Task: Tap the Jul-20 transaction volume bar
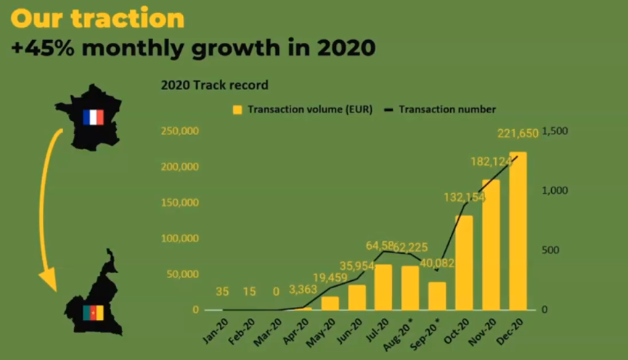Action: [x=383, y=287]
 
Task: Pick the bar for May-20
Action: [x=330, y=303]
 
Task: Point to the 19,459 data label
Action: [x=330, y=276]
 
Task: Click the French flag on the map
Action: [x=93, y=117]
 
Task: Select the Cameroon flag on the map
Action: [x=93, y=312]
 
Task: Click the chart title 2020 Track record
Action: [x=214, y=85]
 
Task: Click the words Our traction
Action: [x=98, y=18]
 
